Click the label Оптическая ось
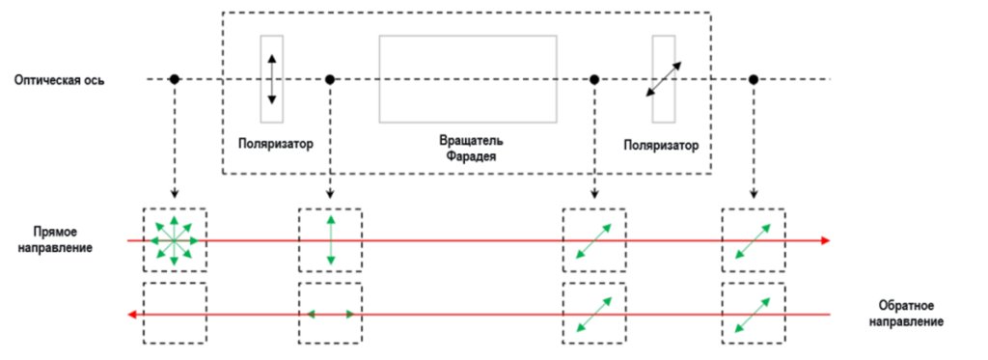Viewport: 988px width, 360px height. click(60, 81)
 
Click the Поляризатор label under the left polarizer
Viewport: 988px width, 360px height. click(276, 143)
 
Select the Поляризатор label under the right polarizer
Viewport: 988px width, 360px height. click(661, 146)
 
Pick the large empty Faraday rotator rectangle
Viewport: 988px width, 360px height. click(468, 79)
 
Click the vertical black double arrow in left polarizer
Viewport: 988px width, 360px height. click(271, 79)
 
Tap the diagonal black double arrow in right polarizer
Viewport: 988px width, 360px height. click(663, 79)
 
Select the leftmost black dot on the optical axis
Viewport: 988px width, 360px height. click(175, 79)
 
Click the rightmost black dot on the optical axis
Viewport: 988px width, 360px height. click(753, 79)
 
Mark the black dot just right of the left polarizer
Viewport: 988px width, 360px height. click(329, 79)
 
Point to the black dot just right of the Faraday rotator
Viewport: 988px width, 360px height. click(593, 79)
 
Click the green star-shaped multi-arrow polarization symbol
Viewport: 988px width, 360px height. click(175, 240)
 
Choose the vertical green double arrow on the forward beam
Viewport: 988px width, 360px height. click(330, 240)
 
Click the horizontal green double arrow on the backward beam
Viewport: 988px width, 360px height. click(330, 314)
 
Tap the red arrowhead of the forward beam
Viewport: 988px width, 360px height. click(826, 240)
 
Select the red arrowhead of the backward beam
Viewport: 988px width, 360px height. click(131, 314)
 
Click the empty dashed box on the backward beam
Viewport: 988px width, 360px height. click(176, 313)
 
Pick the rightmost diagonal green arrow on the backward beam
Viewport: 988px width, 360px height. click(753, 315)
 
